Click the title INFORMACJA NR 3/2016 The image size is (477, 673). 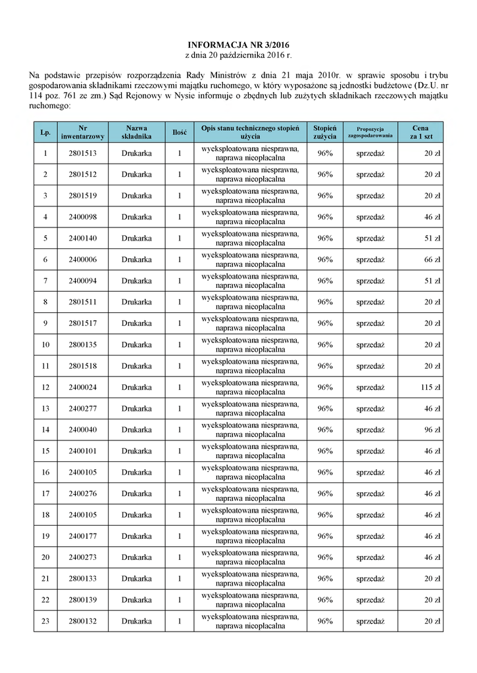click(x=239, y=44)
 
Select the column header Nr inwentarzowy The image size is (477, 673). click(x=82, y=132)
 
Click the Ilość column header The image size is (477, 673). click(x=179, y=132)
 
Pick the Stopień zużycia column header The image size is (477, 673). click(x=325, y=132)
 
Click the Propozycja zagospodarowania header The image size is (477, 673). click(x=370, y=132)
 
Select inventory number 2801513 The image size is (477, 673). click(x=82, y=153)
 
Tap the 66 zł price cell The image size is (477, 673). click(x=432, y=260)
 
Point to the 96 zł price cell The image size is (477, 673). click(x=432, y=430)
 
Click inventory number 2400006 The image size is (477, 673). click(x=82, y=260)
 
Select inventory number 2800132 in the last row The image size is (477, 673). click(x=82, y=621)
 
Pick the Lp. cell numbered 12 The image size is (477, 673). click(x=45, y=387)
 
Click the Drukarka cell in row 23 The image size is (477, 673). click(x=136, y=621)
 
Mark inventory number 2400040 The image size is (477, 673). click(x=82, y=430)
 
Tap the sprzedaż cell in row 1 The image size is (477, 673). click(x=370, y=153)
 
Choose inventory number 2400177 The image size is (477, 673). click(x=82, y=536)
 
